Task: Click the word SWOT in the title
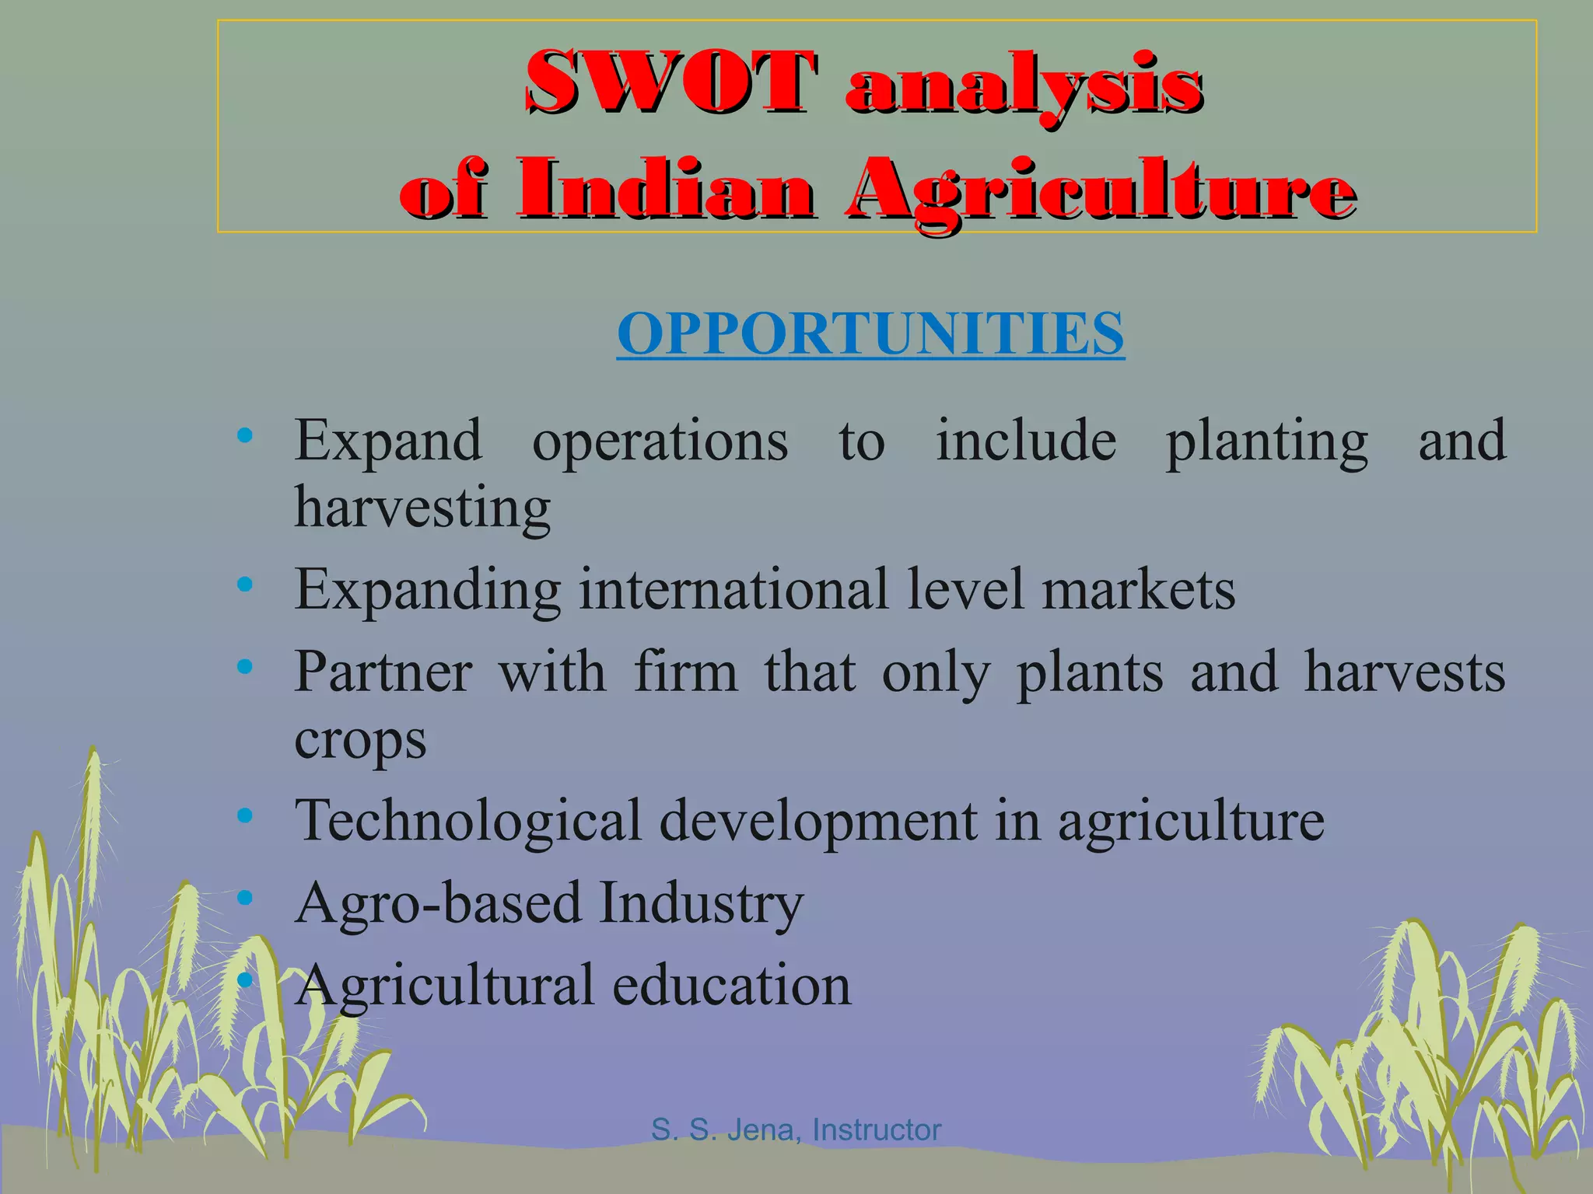point(670,82)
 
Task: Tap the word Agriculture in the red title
point(1101,190)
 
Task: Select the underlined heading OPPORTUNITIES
point(870,333)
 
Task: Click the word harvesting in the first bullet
point(422,508)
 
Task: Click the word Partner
point(383,672)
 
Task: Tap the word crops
point(360,739)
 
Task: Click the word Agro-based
point(438,903)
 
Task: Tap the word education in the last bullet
point(731,986)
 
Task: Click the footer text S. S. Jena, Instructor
point(796,1129)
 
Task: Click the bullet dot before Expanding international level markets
point(245,585)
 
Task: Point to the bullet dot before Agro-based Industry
point(245,899)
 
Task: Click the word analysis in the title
point(1024,84)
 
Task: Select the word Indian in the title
point(667,190)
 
